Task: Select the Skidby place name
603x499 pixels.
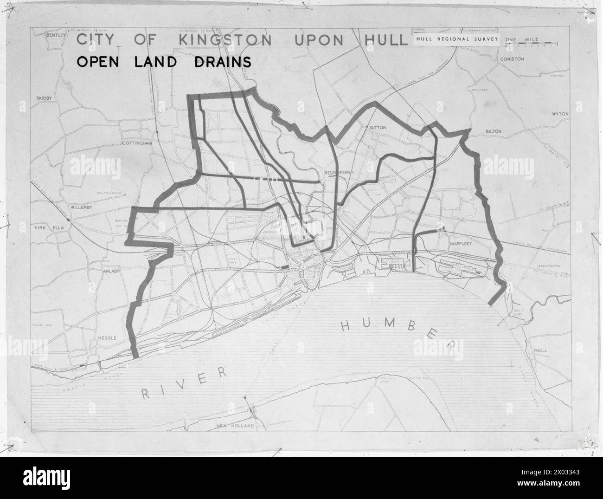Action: pos(46,98)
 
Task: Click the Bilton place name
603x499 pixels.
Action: pos(493,131)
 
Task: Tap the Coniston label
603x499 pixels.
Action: pos(512,59)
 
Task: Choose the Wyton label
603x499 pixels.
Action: pos(560,114)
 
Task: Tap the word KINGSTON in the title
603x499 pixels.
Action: pos(225,39)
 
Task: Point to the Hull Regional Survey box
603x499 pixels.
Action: pos(457,39)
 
